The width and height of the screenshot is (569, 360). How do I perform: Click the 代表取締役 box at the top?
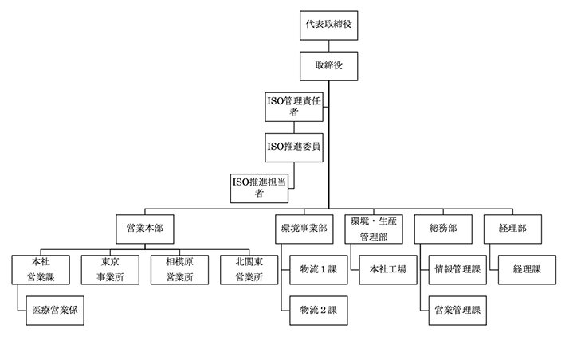pyautogui.click(x=328, y=26)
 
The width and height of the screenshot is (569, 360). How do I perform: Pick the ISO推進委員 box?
pyautogui.click(x=294, y=147)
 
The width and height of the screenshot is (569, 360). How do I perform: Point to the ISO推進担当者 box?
pyautogui.click(x=260, y=187)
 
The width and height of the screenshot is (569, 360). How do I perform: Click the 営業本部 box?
pyautogui.click(x=144, y=229)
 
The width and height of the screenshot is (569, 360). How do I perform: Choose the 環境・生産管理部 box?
pyautogui.click(x=373, y=229)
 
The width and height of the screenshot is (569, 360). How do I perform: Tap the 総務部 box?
pyautogui.click(x=442, y=229)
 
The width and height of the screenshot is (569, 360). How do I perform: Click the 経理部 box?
pyautogui.click(x=511, y=229)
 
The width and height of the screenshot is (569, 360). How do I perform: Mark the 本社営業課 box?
pyautogui.click(x=41, y=269)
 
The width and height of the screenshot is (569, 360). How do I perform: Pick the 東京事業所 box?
pyautogui.click(x=111, y=269)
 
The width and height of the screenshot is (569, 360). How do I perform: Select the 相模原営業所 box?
pyautogui.click(x=179, y=269)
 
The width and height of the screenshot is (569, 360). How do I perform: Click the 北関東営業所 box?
pyautogui.click(x=249, y=269)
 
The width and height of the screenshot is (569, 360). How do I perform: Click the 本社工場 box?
pyautogui.click(x=387, y=269)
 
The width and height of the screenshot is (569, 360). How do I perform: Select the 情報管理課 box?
pyautogui.click(x=456, y=269)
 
